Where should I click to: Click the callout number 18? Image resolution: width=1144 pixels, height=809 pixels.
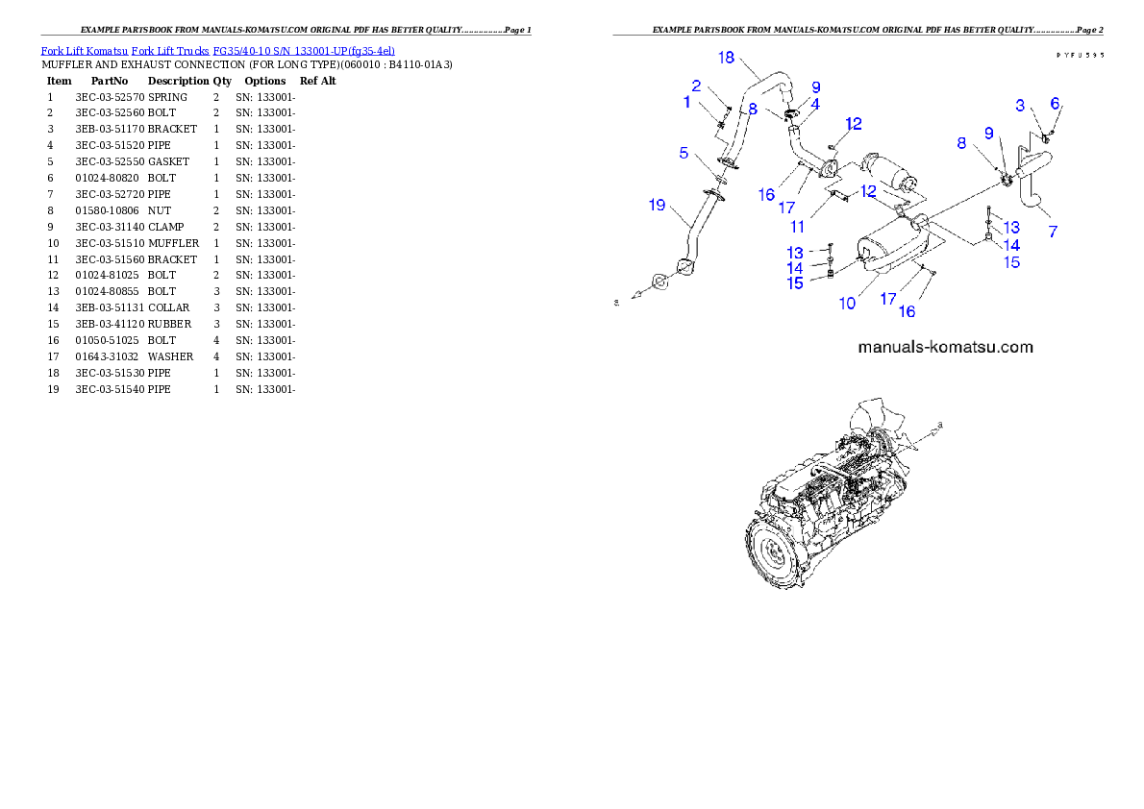tap(726, 59)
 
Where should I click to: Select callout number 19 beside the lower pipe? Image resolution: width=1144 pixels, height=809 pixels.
tap(657, 205)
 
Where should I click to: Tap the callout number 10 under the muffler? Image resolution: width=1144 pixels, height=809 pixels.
tap(847, 303)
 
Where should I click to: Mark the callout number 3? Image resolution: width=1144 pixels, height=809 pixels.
tap(1021, 105)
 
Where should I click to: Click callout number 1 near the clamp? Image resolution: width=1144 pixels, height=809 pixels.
tap(687, 102)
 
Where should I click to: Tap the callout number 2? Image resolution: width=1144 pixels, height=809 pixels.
tap(696, 86)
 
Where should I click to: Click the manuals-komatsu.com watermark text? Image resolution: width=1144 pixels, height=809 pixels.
tap(945, 347)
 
